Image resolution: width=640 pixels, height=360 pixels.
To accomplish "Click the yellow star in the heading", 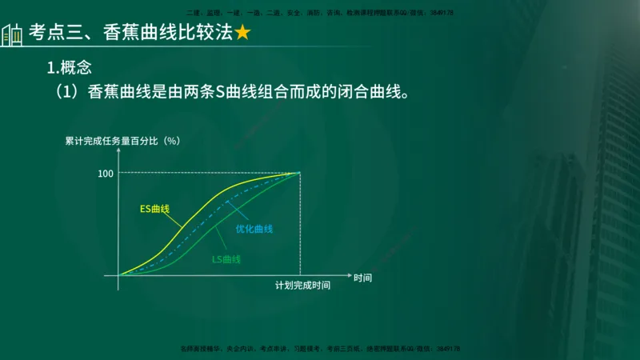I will (x=243, y=34).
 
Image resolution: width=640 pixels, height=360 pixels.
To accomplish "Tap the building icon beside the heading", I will (x=12, y=35).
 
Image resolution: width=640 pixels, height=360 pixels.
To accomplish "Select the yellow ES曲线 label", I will (x=154, y=209).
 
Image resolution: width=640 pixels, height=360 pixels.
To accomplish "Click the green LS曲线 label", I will (x=226, y=259).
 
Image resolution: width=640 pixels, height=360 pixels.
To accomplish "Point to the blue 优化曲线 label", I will (x=254, y=230).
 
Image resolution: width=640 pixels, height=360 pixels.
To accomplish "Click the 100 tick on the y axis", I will (x=106, y=173).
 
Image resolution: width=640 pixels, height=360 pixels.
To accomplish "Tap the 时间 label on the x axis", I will (x=362, y=278).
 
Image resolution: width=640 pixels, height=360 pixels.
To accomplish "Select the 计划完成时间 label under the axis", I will (x=302, y=286).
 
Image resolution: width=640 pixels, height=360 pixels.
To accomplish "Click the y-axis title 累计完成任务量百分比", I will (x=112, y=141).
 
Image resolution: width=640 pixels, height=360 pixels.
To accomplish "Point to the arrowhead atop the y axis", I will (x=118, y=151).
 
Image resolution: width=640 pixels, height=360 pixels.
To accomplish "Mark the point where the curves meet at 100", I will (x=300, y=172).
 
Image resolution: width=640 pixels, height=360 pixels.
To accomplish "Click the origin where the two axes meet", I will (x=118, y=275).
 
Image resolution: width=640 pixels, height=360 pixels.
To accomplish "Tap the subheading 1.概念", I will (x=70, y=67).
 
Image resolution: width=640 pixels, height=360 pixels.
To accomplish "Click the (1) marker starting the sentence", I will (x=66, y=92).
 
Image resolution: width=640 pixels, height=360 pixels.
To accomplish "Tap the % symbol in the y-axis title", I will (x=170, y=141).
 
